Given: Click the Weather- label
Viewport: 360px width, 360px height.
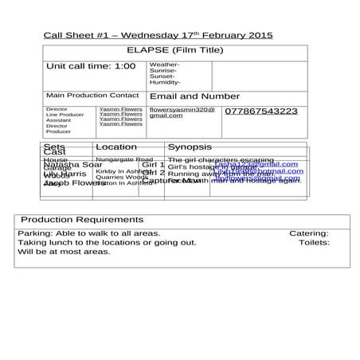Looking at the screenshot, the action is coord(164,65).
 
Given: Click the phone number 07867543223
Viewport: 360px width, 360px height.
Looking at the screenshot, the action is coord(261,112).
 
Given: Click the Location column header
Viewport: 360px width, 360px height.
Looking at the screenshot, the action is coord(115,147).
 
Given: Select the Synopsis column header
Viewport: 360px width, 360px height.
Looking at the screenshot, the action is coord(190,147).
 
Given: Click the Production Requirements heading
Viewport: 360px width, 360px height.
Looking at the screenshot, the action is coord(82,219).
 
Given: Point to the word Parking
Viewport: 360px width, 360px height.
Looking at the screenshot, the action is coord(34,233).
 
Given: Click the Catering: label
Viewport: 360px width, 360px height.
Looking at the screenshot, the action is coord(308,233).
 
